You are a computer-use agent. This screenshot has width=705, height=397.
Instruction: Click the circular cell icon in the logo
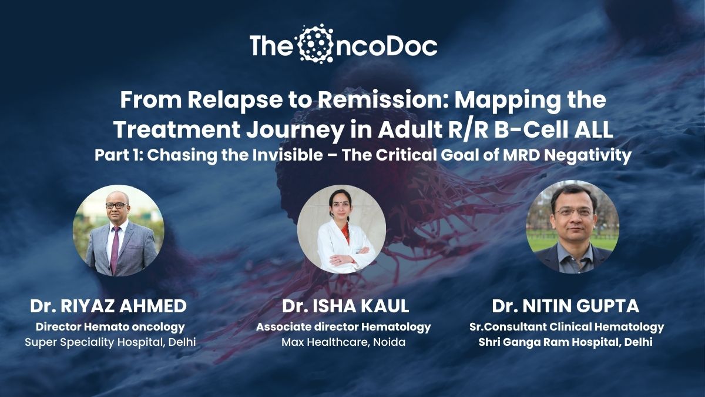315,43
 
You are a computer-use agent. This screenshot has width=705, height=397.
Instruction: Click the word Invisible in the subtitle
288,155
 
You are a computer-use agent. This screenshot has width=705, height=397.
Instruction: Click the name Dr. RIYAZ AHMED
108,306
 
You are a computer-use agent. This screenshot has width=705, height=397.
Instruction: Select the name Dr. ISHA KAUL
345,306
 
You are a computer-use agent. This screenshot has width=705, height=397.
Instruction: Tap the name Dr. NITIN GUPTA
566,306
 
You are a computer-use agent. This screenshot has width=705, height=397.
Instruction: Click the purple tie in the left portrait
115,249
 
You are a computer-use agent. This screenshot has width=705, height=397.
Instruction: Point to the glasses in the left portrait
117,205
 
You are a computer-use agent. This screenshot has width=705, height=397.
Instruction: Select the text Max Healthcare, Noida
343,342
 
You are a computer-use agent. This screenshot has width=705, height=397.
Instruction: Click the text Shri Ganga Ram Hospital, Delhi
566,342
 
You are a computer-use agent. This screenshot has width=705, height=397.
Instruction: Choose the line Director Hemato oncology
110,327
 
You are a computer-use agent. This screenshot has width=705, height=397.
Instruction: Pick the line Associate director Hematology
343,327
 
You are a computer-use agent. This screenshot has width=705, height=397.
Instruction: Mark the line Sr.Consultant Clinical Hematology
567,327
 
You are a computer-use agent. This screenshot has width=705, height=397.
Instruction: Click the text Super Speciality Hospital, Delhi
110,342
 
